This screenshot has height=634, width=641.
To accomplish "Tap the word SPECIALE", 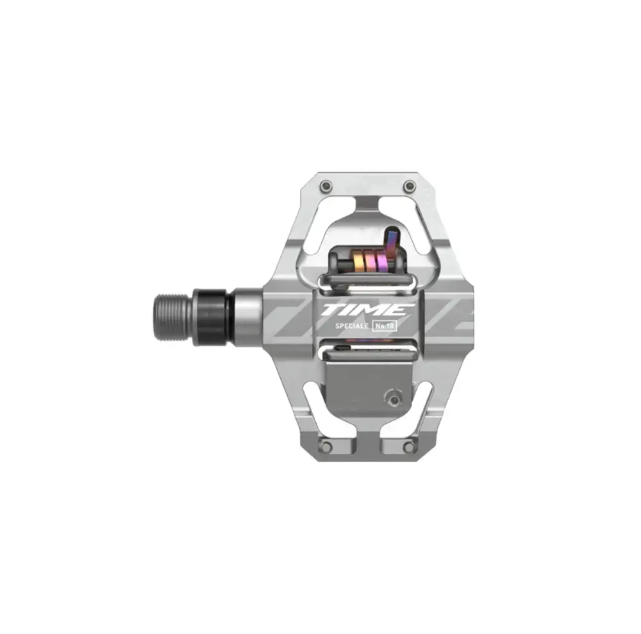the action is click(351, 326).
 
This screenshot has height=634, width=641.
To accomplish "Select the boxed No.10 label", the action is click(384, 326).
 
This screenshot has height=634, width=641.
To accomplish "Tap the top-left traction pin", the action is click(326, 187).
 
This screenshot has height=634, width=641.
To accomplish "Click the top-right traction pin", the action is click(409, 187).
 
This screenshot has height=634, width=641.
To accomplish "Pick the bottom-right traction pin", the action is click(409, 446).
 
